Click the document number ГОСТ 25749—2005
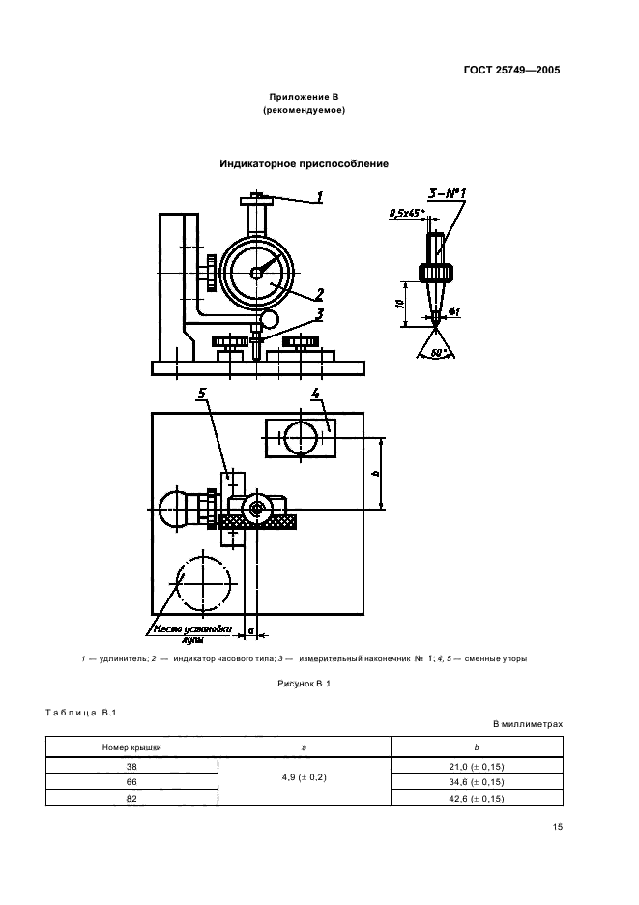click(511, 70)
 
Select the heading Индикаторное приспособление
click(304, 164)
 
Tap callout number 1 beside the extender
click(318, 197)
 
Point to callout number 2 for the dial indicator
click(319, 294)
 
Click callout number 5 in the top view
click(201, 394)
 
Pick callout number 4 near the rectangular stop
click(316, 394)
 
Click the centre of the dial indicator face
click(257, 273)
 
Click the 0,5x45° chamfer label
click(406, 213)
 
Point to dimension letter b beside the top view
click(375, 473)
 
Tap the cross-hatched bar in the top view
click(258, 522)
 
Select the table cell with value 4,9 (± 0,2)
click(305, 777)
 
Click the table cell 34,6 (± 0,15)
click(477, 782)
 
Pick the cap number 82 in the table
click(131, 799)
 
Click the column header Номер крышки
click(131, 747)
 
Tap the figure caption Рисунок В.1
click(304, 684)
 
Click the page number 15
click(557, 827)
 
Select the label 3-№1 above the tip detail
click(448, 192)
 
